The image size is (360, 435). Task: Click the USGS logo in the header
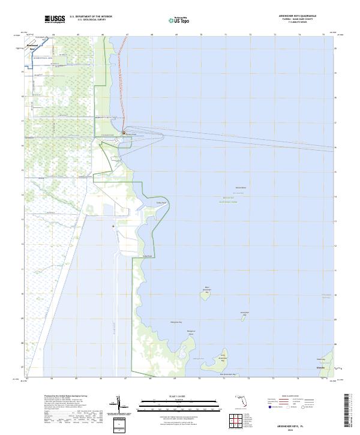pos(55,20)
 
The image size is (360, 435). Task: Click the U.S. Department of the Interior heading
pos(91,17)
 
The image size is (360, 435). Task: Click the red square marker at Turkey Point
pos(124,133)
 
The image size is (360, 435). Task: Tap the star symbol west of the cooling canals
pos(113,226)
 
